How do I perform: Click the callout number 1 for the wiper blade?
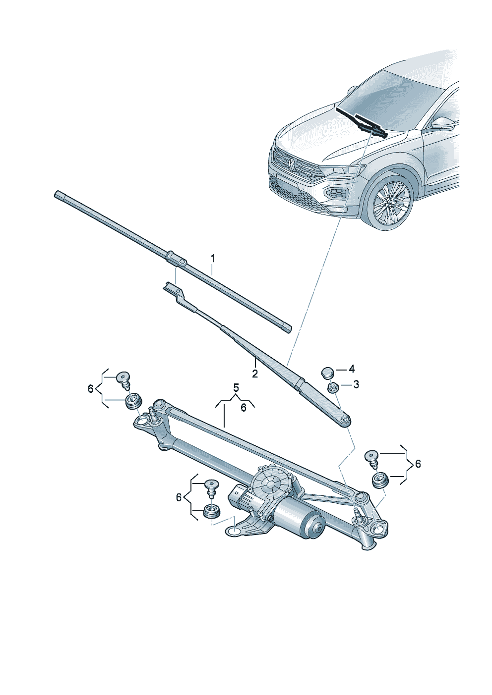pos(213,258)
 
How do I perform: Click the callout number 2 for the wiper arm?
pos(254,374)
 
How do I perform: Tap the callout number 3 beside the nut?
pos(356,384)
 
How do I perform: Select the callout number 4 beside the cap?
pos(352,369)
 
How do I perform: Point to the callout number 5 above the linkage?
pos(236,387)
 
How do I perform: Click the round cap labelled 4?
pos(327,372)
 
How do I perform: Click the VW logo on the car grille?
pos(292,162)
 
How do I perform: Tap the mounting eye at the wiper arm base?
pos(345,421)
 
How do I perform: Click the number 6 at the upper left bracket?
pos(90,389)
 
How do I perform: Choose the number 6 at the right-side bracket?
pos(418,464)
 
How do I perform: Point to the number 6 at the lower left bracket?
pos(179,497)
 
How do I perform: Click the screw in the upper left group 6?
pos(123,380)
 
